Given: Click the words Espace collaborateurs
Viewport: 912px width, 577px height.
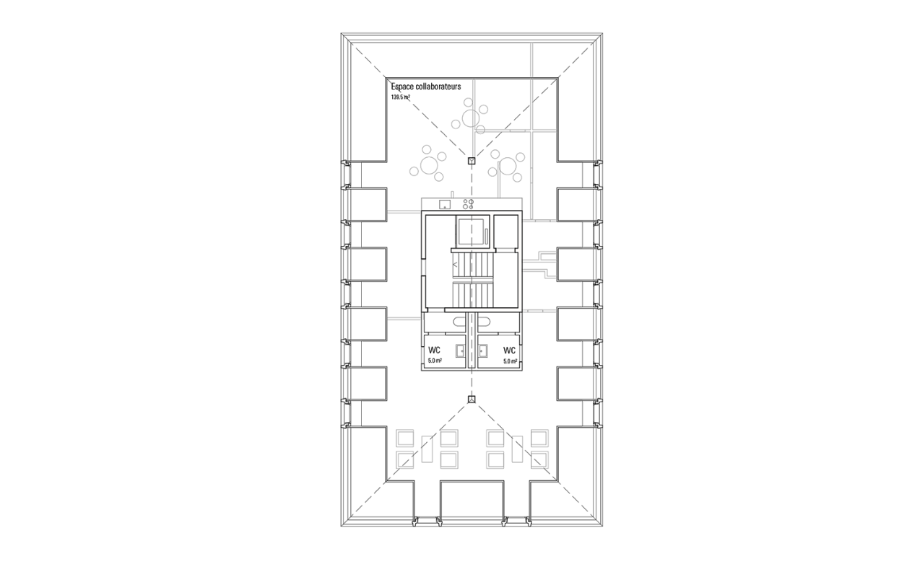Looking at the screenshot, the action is tap(426, 87).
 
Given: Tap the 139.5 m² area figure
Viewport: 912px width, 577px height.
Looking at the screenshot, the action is tap(401, 97).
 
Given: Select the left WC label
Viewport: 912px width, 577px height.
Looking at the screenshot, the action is tap(434, 351).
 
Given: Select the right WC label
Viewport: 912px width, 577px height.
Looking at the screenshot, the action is tap(509, 351).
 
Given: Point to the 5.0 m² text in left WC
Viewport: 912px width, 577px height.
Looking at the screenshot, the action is tap(435, 361).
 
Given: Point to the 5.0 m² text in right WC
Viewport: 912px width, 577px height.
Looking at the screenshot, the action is tap(510, 361).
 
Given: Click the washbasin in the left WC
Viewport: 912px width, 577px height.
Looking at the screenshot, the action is tap(461, 351).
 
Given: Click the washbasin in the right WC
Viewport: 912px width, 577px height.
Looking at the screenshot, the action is tap(483, 351).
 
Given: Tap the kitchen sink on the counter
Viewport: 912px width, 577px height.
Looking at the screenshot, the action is tap(445, 204).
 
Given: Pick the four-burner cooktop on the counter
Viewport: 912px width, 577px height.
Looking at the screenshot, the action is tap(468, 204).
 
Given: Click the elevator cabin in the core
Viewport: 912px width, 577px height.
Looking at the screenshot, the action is tap(471, 232).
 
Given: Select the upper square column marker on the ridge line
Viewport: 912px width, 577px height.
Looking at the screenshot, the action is tap(472, 161).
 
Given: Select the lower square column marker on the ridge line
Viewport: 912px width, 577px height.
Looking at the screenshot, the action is tap(472, 400).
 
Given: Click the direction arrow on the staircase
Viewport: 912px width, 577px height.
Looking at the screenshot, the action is tap(455, 265).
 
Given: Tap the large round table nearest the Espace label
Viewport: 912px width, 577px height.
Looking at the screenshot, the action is tap(471, 118).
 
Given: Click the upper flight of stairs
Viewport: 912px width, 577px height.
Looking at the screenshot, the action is tap(473, 265).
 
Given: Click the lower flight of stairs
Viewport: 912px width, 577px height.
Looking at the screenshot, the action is tap(473, 296).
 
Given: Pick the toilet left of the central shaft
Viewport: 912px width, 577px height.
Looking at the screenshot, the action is tap(459, 322).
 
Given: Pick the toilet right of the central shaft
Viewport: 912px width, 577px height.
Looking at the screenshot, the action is tap(485, 322).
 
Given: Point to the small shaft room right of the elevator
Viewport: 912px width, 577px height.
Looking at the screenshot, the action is tap(505, 232).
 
